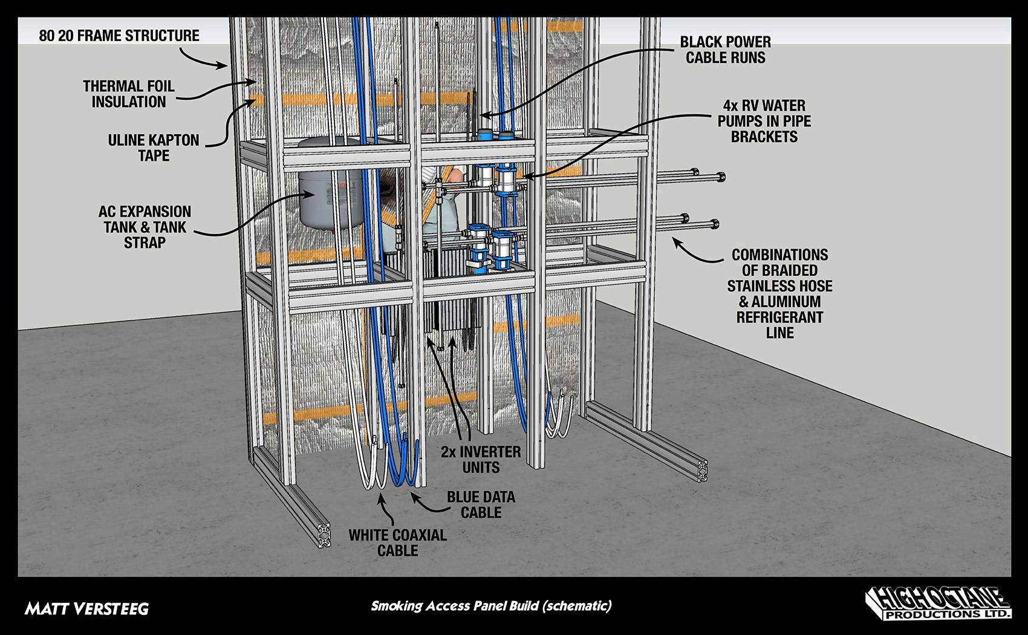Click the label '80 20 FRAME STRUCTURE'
(x=119, y=36)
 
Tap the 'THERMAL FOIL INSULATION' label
(x=129, y=94)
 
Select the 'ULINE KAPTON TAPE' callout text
(x=154, y=148)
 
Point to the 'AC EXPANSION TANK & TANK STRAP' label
(x=145, y=227)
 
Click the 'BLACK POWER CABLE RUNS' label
(x=725, y=50)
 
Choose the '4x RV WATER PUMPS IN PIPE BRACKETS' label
(x=764, y=121)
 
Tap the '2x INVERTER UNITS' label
(x=481, y=460)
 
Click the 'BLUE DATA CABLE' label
(x=481, y=504)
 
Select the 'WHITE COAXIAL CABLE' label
(x=397, y=542)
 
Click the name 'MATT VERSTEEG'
(x=86, y=608)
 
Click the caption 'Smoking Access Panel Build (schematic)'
(x=491, y=605)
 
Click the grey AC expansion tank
(x=327, y=194)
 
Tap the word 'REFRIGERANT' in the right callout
(x=779, y=317)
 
